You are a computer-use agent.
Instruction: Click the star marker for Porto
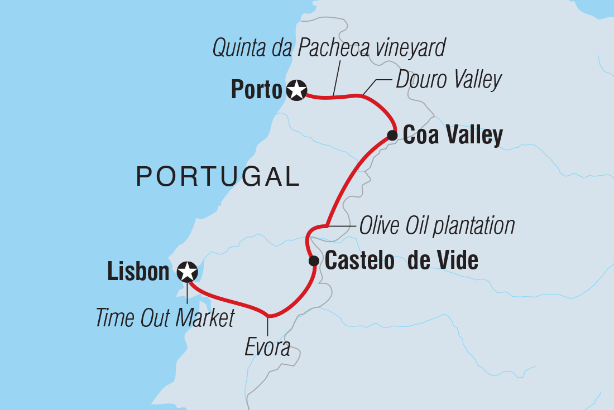[x=297, y=90]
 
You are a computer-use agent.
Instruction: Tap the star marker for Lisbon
[x=187, y=272]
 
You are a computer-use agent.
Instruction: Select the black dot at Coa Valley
[x=392, y=134]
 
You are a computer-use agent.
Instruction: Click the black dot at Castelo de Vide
[x=314, y=261]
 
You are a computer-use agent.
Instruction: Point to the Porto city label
[x=257, y=90]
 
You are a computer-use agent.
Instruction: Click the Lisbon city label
[x=138, y=272]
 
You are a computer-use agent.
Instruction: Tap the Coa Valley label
[x=453, y=135]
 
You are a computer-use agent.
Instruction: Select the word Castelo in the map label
[x=360, y=261]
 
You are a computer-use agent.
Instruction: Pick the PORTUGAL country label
[x=218, y=177]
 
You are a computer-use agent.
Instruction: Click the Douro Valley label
[x=449, y=80]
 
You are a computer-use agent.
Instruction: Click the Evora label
[x=268, y=348]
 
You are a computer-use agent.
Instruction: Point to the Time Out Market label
[x=164, y=319]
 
